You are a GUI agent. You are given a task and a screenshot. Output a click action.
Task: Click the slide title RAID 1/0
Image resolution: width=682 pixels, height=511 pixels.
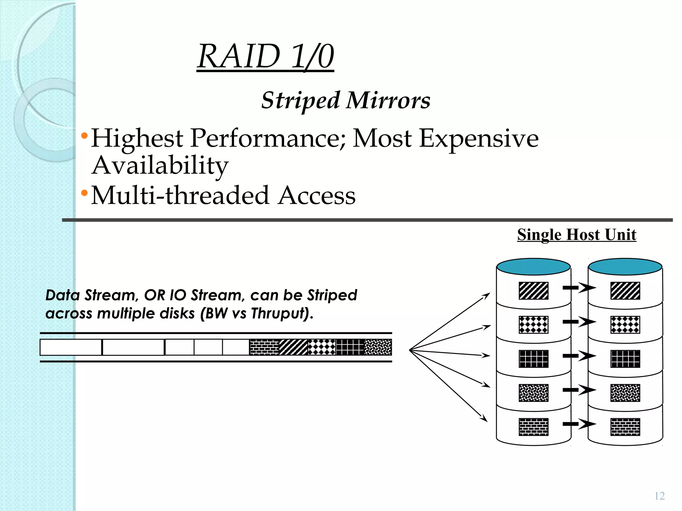pos(265,57)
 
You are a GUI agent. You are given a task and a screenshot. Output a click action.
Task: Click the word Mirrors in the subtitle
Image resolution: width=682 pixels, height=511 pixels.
pos(388,100)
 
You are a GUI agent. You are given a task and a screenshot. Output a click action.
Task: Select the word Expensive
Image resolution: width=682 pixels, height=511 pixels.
pos(479,138)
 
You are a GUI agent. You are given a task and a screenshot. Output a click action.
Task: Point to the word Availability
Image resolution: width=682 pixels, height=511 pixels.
pos(160,165)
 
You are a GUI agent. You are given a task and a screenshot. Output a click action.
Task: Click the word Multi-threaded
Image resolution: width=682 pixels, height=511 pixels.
pos(180,195)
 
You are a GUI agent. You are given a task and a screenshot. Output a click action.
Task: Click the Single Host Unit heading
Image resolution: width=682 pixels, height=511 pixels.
pos(576,235)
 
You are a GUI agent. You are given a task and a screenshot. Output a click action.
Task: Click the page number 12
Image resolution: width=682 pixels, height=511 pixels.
pos(659,496)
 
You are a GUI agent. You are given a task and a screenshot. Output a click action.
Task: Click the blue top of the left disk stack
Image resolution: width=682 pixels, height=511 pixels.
pos(533,267)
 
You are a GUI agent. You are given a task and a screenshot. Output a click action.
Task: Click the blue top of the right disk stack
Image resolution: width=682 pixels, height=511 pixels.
pos(625,267)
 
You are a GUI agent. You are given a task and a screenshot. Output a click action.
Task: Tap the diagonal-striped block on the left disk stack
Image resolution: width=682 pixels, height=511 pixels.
pos(533,291)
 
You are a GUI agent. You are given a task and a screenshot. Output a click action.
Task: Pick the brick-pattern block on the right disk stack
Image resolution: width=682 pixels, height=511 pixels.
pos(625,427)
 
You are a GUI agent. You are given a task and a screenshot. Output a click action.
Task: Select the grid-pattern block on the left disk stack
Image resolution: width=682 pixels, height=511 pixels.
pos(533,359)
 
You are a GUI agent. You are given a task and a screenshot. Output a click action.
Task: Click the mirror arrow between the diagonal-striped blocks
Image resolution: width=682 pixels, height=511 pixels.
pos(579,287)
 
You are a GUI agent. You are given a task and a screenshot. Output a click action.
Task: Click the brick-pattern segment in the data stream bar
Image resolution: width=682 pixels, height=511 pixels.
pos(264,347)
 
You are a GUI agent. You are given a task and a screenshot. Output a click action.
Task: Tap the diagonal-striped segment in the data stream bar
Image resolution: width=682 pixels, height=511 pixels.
pos(293,347)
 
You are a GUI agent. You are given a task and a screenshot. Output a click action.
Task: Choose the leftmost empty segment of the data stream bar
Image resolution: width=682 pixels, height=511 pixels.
pos(71,347)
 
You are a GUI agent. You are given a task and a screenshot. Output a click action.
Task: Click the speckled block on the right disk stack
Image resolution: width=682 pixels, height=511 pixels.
pos(625,393)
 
